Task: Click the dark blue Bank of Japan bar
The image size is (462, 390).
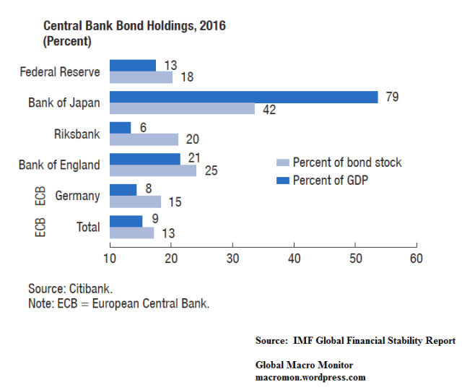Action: point(243,97)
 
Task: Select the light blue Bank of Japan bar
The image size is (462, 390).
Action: point(182,108)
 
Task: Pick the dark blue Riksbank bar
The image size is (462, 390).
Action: point(120,128)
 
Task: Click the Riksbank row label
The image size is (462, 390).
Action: point(77,134)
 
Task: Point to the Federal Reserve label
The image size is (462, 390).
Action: point(59,71)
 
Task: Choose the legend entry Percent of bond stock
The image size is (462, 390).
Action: point(346,162)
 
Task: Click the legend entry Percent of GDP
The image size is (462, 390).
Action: point(331,179)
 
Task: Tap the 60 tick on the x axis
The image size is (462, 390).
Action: point(416,258)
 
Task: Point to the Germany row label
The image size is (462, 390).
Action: point(77,196)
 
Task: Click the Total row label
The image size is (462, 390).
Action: point(88,227)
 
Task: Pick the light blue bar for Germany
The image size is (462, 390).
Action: point(135,201)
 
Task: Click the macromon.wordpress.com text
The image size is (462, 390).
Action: point(310,377)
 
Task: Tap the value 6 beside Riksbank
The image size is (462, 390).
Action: point(144,127)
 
